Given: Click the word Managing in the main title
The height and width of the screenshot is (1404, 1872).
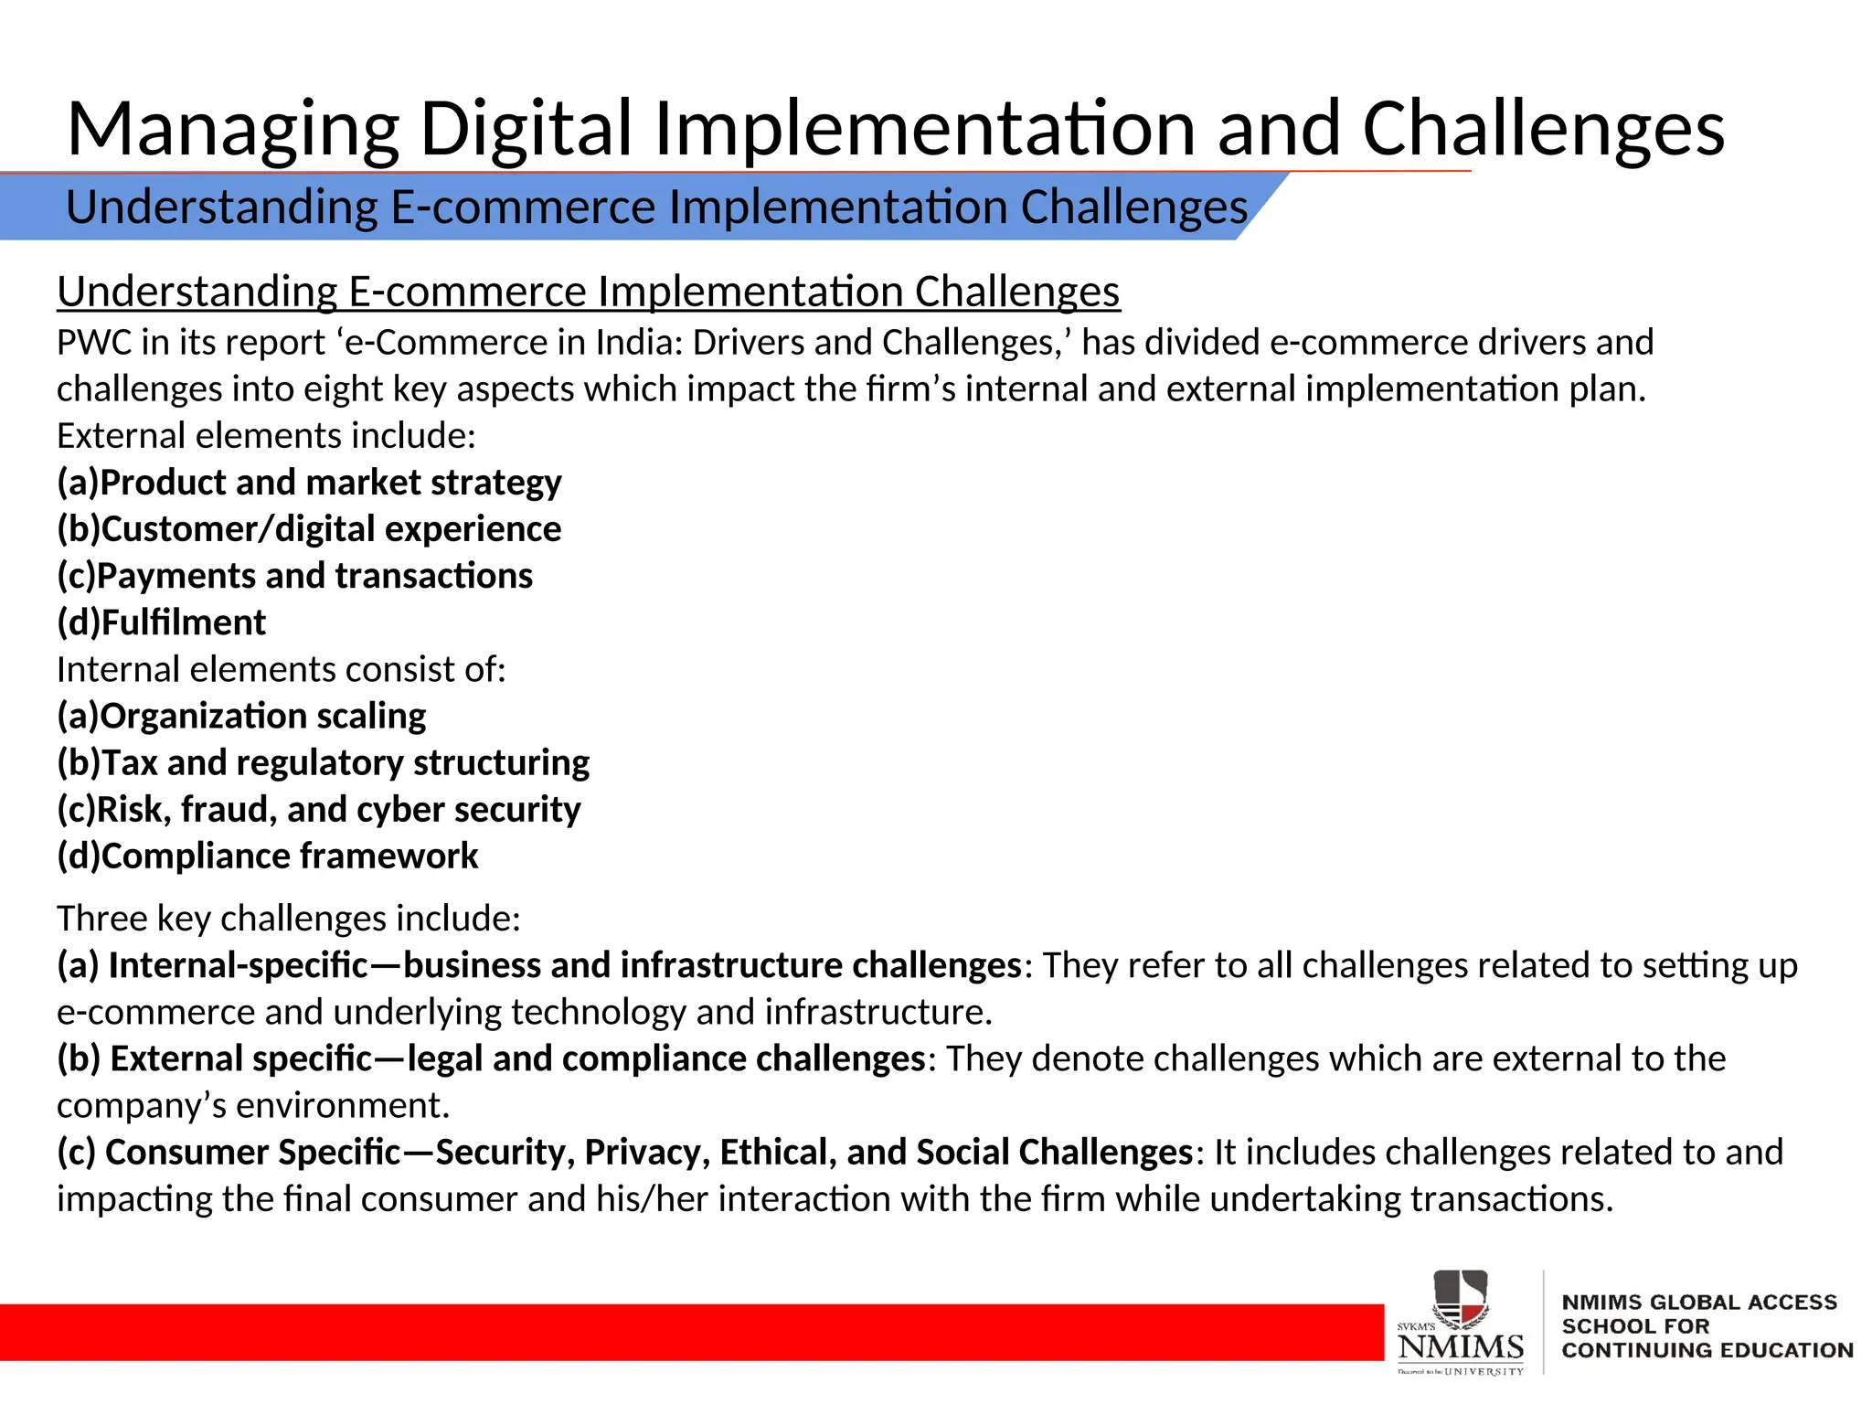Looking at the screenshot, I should [233, 130].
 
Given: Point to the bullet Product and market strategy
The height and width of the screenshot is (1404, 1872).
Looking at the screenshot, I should [309, 483].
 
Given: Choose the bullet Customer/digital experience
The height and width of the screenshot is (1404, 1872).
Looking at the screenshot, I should [309, 529].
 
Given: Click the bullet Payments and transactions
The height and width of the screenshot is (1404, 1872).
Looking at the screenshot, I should [294, 576].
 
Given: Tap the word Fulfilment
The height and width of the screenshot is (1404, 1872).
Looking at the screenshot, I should [183, 622].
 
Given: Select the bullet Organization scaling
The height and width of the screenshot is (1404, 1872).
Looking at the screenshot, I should [241, 716].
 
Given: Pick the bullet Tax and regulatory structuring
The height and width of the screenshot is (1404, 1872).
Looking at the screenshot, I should [323, 762].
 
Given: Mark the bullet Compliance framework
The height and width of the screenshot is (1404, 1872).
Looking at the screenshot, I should [267, 856].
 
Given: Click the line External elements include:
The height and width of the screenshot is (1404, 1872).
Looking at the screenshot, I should [266, 436].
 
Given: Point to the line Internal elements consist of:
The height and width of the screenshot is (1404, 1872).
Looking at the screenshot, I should [281, 670].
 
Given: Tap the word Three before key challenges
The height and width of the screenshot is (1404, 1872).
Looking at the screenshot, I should [101, 919].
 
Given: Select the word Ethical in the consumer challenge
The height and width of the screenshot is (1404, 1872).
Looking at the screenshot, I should [778, 1153].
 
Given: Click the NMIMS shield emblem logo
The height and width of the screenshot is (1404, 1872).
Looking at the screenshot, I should [1460, 1299].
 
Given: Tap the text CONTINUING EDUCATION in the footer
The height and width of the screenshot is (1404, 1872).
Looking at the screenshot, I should [1707, 1350].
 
